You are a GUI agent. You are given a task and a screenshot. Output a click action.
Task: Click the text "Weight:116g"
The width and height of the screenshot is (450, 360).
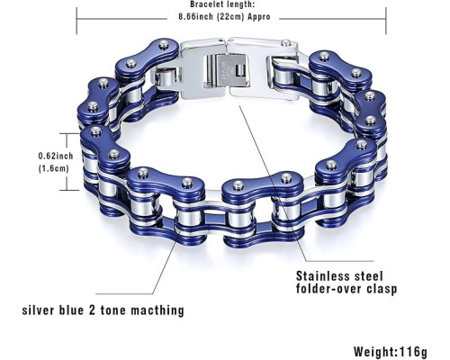[391, 351]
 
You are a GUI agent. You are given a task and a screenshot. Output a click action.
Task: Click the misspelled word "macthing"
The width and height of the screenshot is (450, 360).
[157, 310]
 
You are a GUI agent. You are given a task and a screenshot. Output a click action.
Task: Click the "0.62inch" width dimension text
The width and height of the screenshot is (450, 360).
[56, 156]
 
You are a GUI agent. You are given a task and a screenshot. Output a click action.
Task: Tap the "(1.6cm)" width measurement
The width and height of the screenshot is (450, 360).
[54, 168]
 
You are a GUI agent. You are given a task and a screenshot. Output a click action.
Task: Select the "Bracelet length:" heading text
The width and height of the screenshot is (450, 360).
[222, 4]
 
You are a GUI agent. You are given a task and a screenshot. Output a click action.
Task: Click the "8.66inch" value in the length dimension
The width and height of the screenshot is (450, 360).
[196, 17]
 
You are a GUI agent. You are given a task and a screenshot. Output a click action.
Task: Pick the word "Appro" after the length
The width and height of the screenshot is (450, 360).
[259, 17]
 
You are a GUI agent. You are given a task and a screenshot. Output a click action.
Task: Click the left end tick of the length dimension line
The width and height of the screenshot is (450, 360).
[76, 21]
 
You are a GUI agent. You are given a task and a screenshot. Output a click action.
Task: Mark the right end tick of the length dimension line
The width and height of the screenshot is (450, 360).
[386, 21]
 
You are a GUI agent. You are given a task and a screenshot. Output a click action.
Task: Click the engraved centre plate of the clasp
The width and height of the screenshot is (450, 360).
[226, 71]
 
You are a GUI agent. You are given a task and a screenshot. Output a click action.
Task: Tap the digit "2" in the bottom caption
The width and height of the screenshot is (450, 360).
[92, 310]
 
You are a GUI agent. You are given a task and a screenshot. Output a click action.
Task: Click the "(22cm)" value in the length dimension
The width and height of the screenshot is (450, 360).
[230, 17]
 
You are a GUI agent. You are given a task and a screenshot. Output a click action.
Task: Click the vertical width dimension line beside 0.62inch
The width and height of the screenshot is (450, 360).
[67, 162]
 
